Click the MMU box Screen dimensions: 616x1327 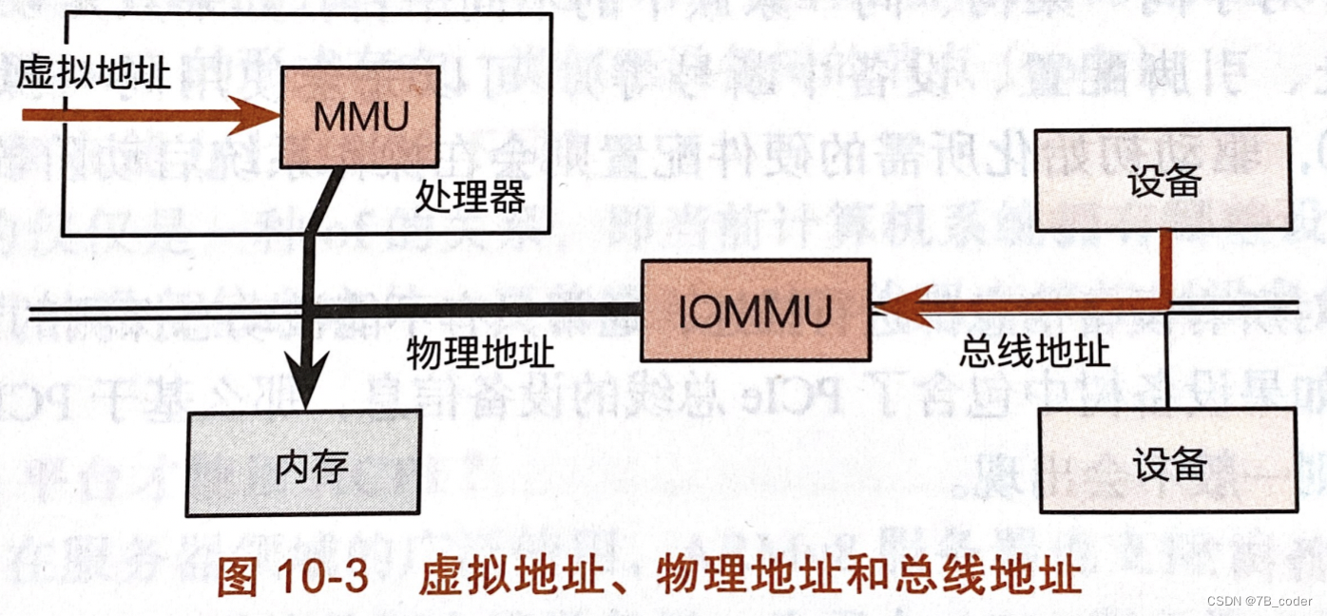tap(359, 116)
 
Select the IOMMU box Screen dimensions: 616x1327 tap(755, 311)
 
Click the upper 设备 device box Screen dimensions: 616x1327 tap(1164, 181)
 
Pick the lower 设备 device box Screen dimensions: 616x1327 tap(1168, 462)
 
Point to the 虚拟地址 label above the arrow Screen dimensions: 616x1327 tap(94, 73)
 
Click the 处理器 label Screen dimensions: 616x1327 tap(470, 197)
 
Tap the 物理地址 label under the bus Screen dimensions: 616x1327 tap(479, 354)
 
